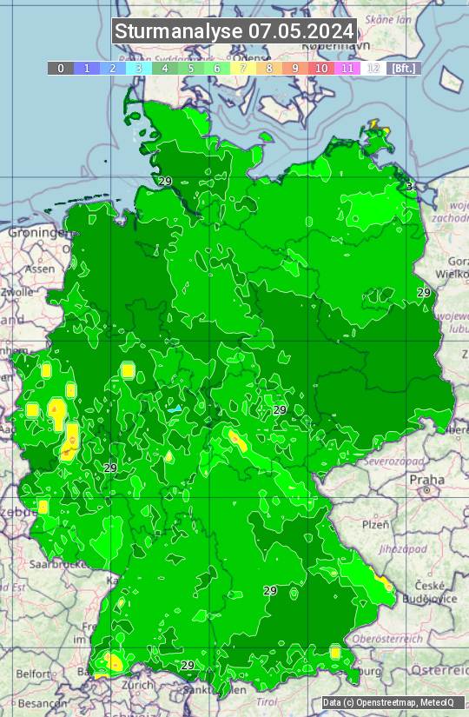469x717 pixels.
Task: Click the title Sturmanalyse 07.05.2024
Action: [234, 31]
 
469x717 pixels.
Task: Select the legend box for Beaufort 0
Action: [60, 68]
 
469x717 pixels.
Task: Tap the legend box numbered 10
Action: [321, 68]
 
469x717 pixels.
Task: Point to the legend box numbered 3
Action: [138, 68]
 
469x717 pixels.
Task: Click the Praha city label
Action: [426, 480]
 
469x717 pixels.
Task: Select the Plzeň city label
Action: [374, 525]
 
